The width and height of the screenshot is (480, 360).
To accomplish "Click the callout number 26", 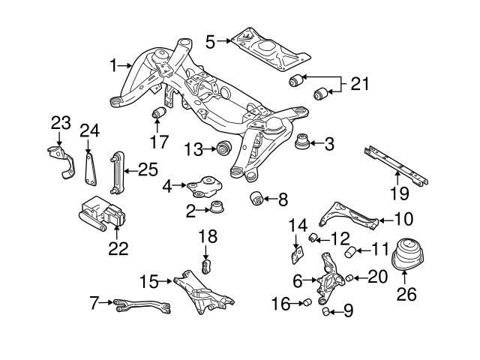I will pyautogui.click(x=406, y=295).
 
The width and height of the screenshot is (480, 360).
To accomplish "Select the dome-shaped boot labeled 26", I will pyautogui.click(x=406, y=258).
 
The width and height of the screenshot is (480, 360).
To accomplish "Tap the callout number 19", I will pyautogui.click(x=399, y=194).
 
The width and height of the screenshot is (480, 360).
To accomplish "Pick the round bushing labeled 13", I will pyautogui.click(x=223, y=148).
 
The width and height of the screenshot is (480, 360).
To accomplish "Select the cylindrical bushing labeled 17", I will pyautogui.click(x=158, y=113).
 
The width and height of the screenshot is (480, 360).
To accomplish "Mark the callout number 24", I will pyautogui.click(x=90, y=131).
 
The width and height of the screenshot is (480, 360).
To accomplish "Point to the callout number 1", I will pyautogui.click(x=114, y=66).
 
